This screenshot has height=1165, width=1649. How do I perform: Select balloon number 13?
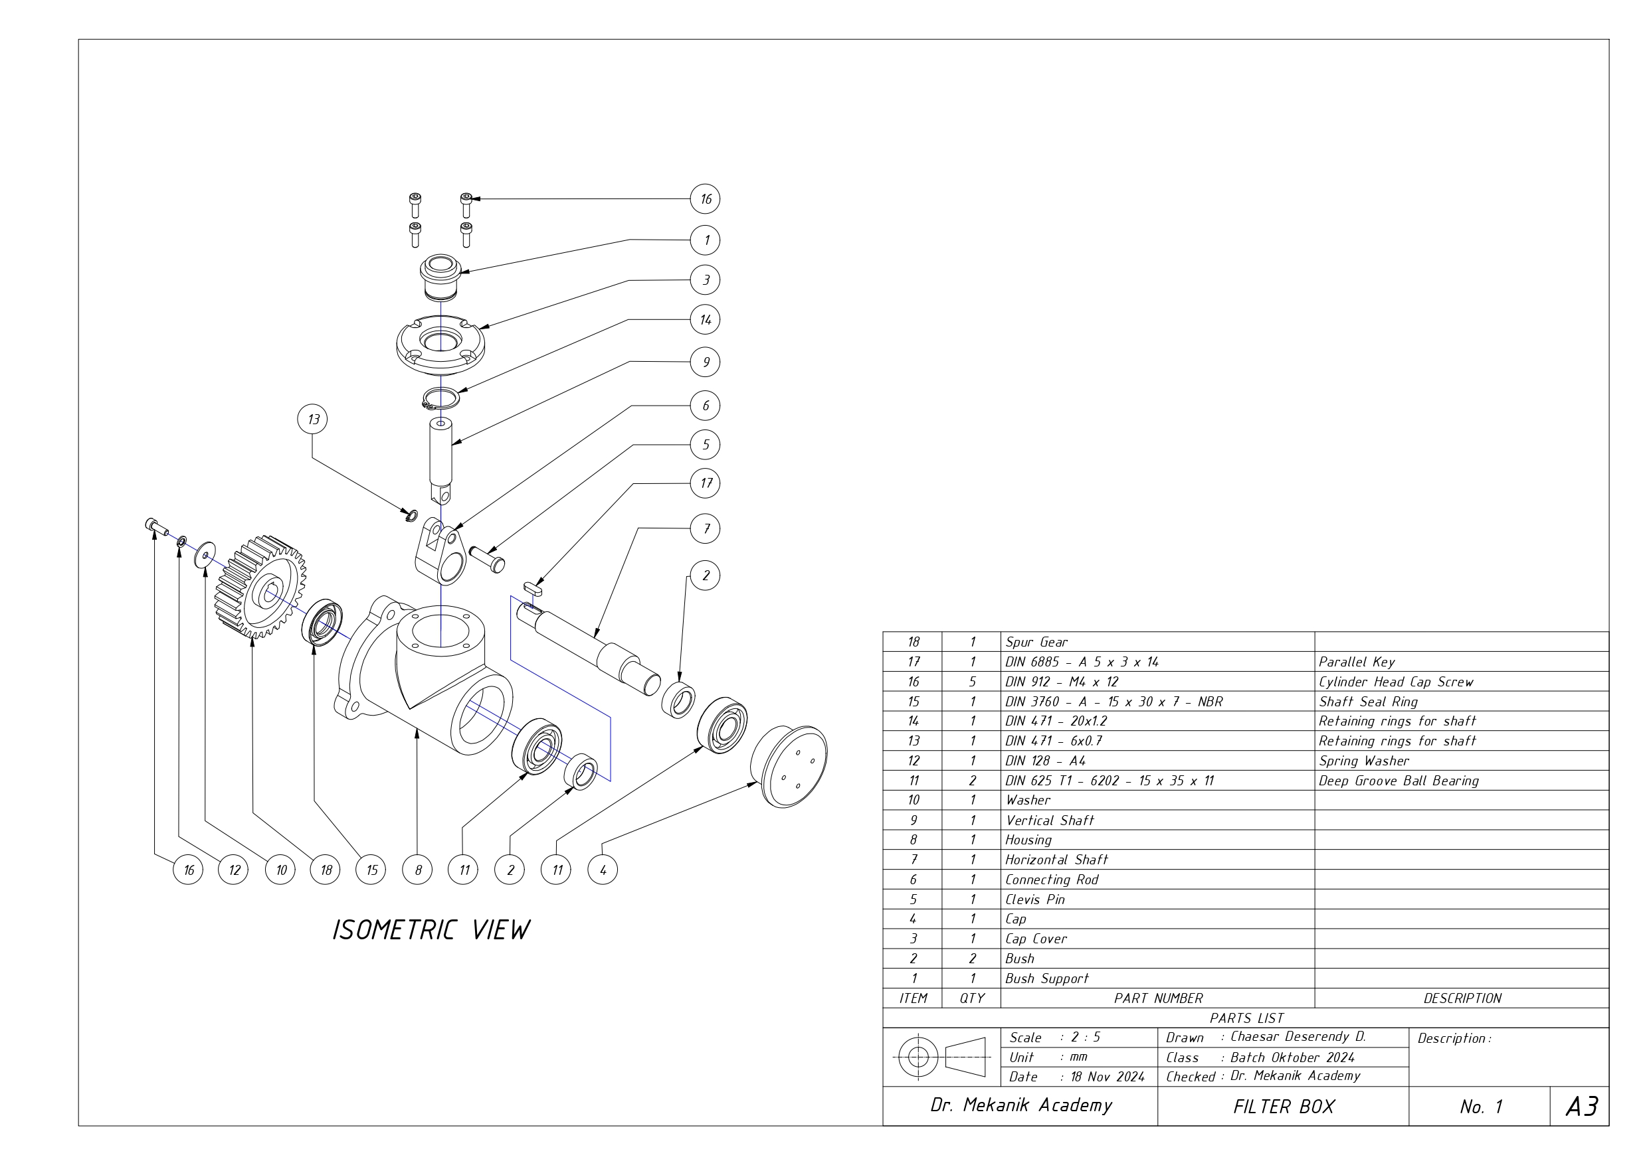pyautogui.click(x=312, y=419)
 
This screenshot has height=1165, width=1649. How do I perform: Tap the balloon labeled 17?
pyautogui.click(x=706, y=483)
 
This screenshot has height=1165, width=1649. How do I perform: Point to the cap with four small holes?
pyautogui.click(x=789, y=766)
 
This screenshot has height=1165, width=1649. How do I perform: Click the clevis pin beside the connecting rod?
pyautogui.click(x=488, y=558)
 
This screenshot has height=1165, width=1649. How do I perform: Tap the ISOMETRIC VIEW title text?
pyautogui.click(x=431, y=930)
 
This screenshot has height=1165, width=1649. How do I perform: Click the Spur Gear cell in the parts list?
pyautogui.click(x=1036, y=643)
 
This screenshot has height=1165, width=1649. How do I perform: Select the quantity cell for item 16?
pyautogui.click(x=972, y=682)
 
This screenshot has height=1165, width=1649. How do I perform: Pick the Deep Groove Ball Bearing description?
pyautogui.click(x=1399, y=781)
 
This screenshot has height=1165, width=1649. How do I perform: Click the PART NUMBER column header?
pyautogui.click(x=1158, y=998)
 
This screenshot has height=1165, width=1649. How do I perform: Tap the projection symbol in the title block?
pyautogui.click(x=941, y=1057)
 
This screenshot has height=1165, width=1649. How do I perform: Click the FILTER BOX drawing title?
pyautogui.click(x=1284, y=1107)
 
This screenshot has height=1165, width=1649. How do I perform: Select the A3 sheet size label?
pyautogui.click(x=1581, y=1107)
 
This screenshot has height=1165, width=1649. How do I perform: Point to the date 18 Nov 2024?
pyautogui.click(x=1107, y=1077)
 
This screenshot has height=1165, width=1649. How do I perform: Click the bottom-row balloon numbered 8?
pyautogui.click(x=417, y=870)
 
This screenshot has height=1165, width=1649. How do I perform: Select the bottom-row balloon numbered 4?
pyautogui.click(x=603, y=870)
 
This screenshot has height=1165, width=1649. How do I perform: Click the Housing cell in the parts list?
pyautogui.click(x=1028, y=840)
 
